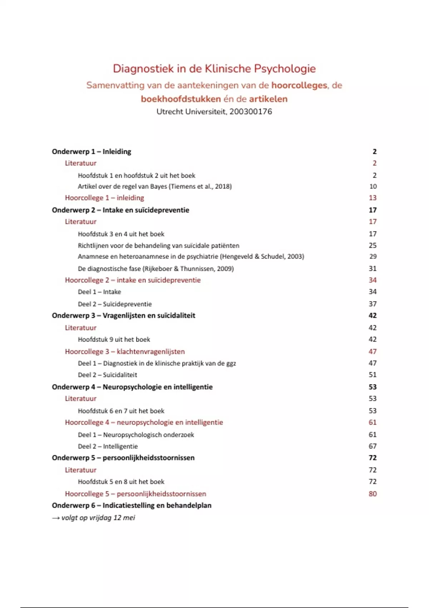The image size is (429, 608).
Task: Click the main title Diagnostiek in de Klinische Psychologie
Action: click(x=214, y=69)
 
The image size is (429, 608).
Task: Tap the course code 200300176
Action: click(x=251, y=112)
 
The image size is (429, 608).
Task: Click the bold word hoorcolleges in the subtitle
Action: click(x=299, y=85)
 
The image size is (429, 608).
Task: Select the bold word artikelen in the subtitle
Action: click(x=268, y=99)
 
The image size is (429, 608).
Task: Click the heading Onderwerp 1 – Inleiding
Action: click(x=92, y=152)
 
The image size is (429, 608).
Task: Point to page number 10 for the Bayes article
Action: click(x=373, y=186)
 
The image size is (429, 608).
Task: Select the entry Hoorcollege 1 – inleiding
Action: click(x=104, y=198)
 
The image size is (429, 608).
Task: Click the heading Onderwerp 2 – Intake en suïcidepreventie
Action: click(x=120, y=210)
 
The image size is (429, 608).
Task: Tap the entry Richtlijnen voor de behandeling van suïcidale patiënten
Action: click(x=158, y=246)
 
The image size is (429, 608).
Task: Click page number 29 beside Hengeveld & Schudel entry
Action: click(x=373, y=256)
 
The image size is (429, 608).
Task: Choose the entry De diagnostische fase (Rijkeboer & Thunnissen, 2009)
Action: click(x=156, y=269)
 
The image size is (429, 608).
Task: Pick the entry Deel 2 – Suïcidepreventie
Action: click(x=115, y=304)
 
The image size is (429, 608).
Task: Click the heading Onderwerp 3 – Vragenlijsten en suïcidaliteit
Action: click(x=123, y=315)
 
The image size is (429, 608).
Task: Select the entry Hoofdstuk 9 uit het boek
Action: click(x=114, y=339)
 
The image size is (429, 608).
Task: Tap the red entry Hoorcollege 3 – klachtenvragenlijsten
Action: click(x=125, y=352)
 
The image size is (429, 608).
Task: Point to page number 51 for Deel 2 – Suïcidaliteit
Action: click(x=373, y=375)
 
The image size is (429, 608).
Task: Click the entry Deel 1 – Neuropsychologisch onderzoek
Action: click(x=136, y=435)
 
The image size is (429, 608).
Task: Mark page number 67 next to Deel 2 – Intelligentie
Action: click(x=373, y=446)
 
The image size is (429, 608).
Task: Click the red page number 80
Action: click(x=373, y=494)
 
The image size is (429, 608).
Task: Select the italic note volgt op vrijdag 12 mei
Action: click(x=98, y=518)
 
